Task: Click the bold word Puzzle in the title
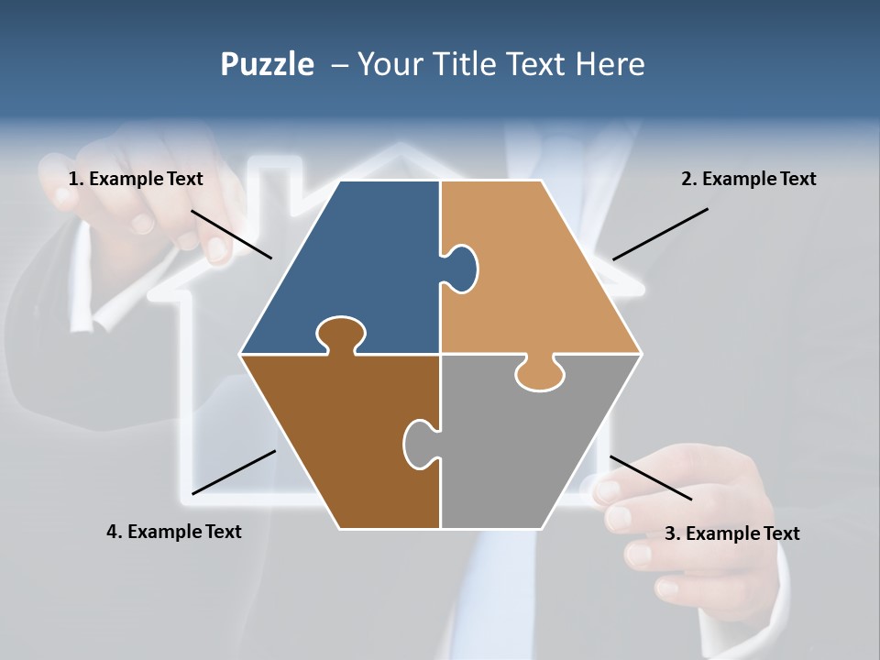(267, 64)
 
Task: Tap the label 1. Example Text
(136, 179)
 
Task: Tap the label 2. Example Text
(748, 179)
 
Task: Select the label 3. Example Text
(731, 533)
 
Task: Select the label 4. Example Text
(174, 532)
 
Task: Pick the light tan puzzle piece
(541, 275)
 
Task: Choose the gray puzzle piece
(532, 449)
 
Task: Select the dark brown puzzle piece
(339, 440)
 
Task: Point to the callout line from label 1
(231, 234)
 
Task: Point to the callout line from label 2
(660, 234)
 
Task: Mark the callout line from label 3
(651, 478)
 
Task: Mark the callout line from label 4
(234, 472)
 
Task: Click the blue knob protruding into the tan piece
(463, 268)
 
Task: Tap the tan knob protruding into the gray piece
(540, 375)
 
